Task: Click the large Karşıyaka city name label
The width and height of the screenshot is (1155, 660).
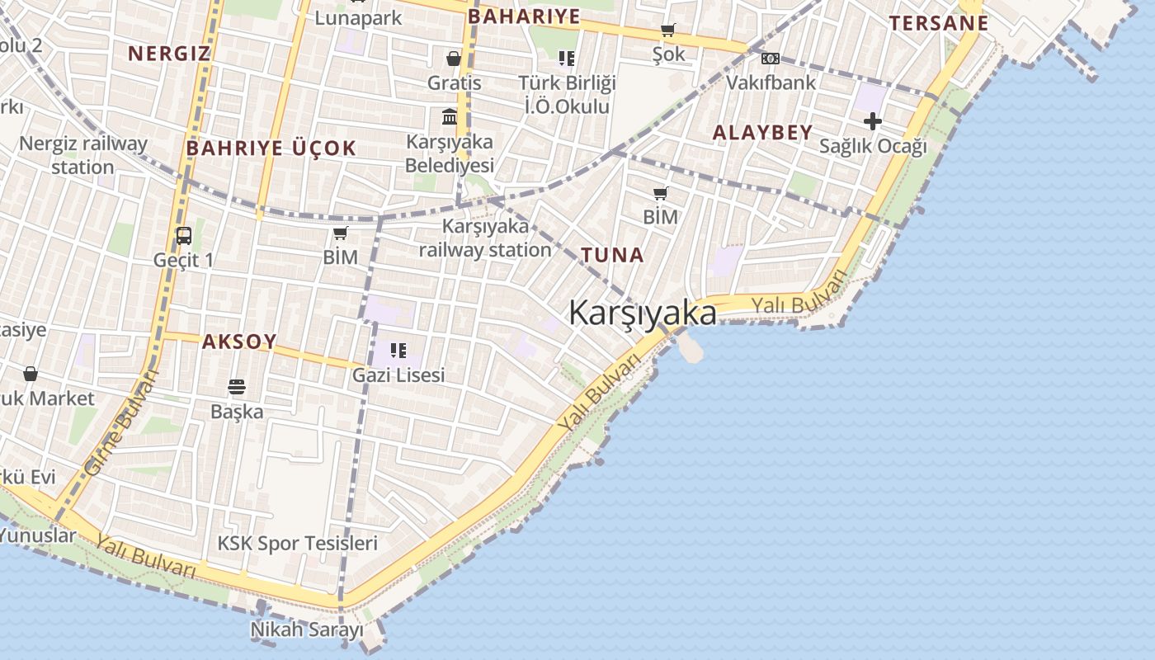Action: (x=643, y=313)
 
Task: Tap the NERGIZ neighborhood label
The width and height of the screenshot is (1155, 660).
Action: (x=169, y=54)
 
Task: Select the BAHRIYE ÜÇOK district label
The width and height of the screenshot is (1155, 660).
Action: (x=271, y=148)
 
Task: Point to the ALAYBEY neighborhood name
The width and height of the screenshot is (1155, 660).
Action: (x=762, y=132)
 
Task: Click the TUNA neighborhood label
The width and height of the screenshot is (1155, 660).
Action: (x=612, y=255)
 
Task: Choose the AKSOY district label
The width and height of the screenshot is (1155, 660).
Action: (x=239, y=342)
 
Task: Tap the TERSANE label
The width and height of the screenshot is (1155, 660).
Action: (x=938, y=23)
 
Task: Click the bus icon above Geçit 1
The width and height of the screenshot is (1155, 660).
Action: (x=184, y=236)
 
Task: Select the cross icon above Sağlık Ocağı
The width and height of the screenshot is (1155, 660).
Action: (x=872, y=122)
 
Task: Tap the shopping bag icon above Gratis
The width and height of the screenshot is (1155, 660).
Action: (x=454, y=59)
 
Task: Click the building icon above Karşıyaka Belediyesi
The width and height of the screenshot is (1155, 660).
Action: (x=450, y=117)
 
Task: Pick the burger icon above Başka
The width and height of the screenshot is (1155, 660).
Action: (x=237, y=387)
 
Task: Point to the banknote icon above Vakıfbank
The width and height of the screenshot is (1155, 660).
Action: (x=770, y=59)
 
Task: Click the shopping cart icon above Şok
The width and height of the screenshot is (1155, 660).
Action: (x=668, y=31)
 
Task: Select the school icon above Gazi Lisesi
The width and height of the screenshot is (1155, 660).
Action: (x=398, y=351)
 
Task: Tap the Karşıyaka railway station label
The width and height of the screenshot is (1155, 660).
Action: (x=485, y=238)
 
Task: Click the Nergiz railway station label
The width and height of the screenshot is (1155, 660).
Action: (x=82, y=155)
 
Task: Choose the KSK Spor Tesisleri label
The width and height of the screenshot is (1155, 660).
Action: (x=297, y=544)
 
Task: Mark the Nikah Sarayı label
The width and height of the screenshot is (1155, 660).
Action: (x=307, y=630)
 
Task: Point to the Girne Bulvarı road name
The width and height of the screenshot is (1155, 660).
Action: (x=120, y=422)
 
